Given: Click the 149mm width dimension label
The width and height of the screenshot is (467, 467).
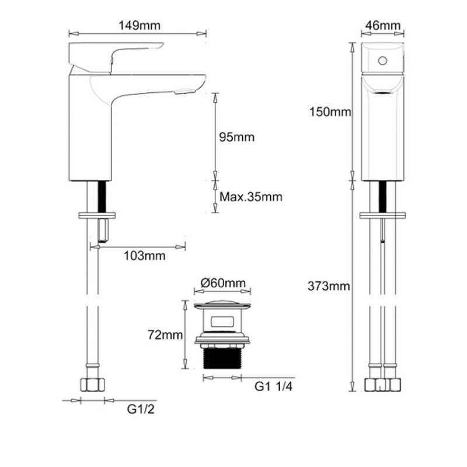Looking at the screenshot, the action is pos(140,26).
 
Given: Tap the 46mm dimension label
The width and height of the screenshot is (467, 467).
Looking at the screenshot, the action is pos(383,25).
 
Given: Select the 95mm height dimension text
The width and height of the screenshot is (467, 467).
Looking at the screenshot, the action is pos(237,137).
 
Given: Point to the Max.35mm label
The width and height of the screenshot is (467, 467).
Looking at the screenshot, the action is pos(251,197).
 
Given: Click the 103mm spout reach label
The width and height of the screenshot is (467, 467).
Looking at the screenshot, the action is pos(144,256).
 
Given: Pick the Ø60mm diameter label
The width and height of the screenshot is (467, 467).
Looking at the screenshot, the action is pos(223,283).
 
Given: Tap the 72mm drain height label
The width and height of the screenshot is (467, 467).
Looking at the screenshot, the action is pos(165,335).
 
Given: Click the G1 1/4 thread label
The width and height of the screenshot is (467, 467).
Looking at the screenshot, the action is pos(273,386).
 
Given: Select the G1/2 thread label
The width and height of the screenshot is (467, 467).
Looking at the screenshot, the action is pos(141,409).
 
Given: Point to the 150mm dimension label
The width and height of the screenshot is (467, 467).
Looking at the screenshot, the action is pos(330,112).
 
